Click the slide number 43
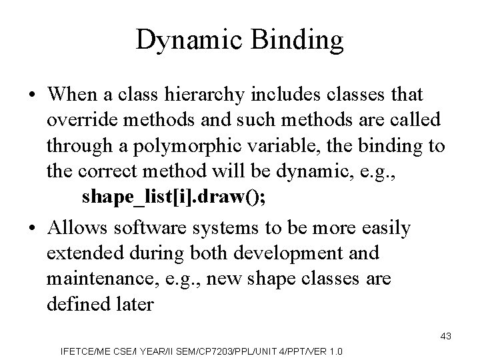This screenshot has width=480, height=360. [445, 337]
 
